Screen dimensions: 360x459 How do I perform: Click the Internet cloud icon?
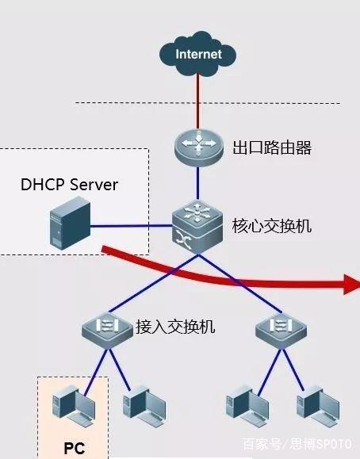197,54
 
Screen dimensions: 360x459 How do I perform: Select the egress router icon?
198,147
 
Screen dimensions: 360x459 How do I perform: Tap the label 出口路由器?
272,147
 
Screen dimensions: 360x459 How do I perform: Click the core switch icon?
197,227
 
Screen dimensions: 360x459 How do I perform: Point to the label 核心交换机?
272,226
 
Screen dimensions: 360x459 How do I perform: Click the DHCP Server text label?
70,185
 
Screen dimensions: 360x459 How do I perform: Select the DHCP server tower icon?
70,223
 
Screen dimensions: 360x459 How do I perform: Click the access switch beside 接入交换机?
107,331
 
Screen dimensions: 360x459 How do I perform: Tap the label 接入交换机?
175,327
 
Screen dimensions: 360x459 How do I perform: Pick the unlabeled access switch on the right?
281,331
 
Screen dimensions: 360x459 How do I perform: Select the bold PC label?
75,448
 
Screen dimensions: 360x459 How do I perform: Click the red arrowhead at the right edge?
352,284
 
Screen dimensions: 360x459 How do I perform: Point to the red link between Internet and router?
198,101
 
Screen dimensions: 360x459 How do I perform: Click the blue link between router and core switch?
198,184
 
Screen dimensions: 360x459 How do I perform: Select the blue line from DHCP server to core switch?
131,226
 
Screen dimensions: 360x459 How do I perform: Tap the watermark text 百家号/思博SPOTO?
297,444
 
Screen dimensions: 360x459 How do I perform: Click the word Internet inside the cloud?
198,54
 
